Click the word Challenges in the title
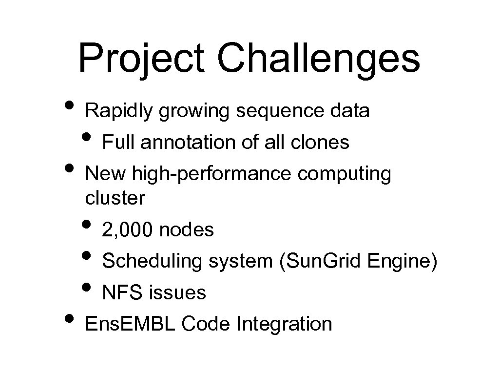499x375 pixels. point(319,59)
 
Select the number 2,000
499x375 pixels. point(128,229)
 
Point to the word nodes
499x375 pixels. point(187,229)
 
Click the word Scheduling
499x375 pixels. point(152,261)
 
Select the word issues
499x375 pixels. point(177,293)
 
